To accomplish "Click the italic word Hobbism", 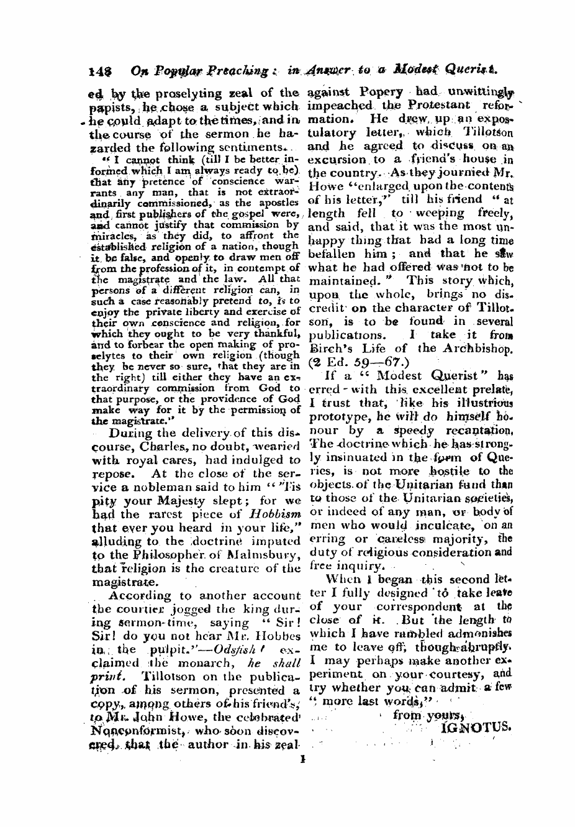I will point(274,513).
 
